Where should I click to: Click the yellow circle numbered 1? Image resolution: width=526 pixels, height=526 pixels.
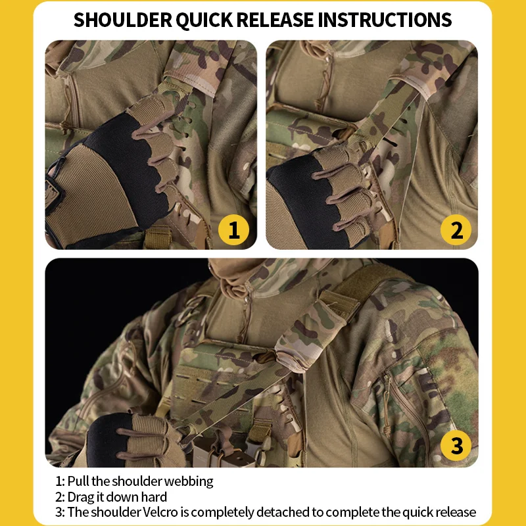point(233,230)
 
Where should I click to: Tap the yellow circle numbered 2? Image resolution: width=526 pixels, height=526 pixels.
point(456,230)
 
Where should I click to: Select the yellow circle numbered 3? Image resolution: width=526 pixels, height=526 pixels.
point(456,446)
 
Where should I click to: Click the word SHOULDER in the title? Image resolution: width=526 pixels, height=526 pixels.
point(123,20)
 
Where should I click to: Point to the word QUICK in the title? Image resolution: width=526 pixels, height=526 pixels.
point(204,20)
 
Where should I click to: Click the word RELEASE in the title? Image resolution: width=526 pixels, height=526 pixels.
point(275,20)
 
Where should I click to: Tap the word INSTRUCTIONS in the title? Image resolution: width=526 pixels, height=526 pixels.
point(385,20)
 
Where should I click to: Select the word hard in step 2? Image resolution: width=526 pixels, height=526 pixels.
point(154,497)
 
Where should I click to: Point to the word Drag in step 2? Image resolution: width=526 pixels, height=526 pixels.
point(81,498)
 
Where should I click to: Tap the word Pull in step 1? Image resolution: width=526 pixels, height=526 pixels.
point(78,481)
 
